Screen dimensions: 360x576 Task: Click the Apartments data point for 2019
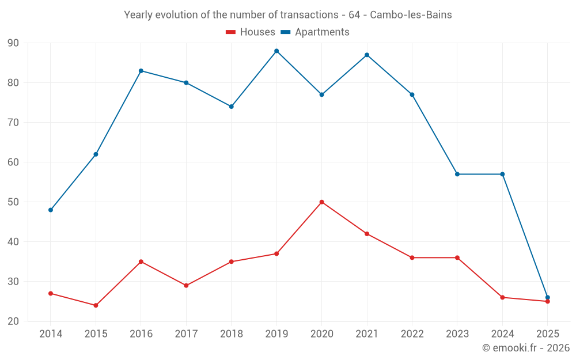click(x=276, y=51)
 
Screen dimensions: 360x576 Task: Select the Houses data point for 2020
click(x=321, y=202)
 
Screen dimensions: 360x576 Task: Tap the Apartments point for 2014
click(x=51, y=210)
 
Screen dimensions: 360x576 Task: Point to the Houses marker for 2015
click(x=96, y=305)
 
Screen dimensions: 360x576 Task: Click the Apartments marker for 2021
click(x=367, y=55)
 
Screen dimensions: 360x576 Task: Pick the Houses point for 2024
click(x=502, y=297)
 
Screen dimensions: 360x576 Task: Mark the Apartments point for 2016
click(x=141, y=71)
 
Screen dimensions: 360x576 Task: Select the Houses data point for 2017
click(x=186, y=285)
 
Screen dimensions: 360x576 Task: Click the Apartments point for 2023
click(x=457, y=174)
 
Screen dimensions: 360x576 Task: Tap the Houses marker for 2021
click(x=367, y=234)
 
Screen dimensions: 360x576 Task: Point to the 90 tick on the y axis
click(x=13, y=43)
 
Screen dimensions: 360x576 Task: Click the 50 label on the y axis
click(x=13, y=202)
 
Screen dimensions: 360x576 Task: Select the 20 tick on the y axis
click(x=13, y=321)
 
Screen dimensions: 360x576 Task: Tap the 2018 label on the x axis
click(x=231, y=334)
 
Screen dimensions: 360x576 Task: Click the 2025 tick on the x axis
click(x=547, y=334)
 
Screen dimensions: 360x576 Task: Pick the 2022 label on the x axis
click(x=412, y=334)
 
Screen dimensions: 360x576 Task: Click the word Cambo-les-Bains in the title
click(x=411, y=15)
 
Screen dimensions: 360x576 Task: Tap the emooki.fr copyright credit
click(x=526, y=348)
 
